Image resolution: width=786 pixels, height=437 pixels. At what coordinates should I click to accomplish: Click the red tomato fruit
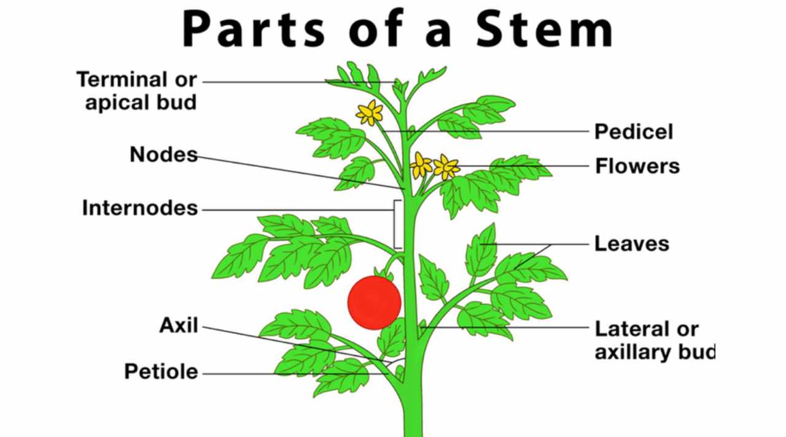(x=374, y=302)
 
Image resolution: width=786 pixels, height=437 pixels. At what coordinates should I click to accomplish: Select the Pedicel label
(x=633, y=131)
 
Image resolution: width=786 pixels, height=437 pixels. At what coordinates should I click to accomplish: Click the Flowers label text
(x=637, y=166)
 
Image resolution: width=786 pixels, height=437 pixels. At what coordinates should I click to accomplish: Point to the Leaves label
(x=631, y=244)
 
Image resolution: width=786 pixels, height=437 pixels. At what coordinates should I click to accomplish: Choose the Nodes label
(x=163, y=155)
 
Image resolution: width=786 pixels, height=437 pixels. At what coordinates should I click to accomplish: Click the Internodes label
(x=140, y=209)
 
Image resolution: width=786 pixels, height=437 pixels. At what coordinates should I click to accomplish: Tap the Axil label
(x=179, y=325)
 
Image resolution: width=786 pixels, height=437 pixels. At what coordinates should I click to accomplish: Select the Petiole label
(x=161, y=371)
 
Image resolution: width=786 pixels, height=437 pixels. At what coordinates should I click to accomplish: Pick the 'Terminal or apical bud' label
(x=136, y=90)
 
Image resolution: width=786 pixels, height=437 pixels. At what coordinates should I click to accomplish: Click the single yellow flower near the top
(x=370, y=113)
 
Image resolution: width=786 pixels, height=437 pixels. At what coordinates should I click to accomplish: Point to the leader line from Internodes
(x=295, y=210)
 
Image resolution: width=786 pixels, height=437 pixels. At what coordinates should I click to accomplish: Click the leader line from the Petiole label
(x=295, y=373)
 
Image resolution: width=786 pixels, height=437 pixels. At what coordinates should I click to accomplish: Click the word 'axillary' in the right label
(x=637, y=352)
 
